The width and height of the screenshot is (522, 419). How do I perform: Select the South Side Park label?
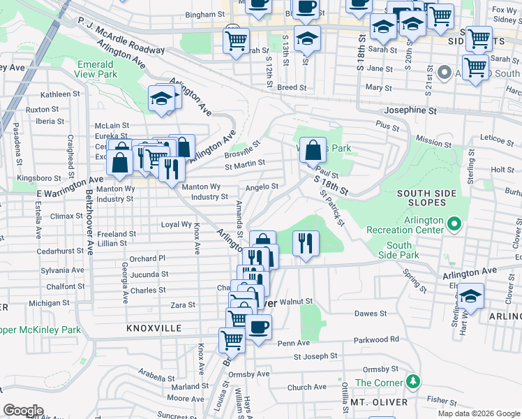[x=399, y=250]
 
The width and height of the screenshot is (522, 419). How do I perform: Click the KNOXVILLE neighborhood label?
[x=154, y=328]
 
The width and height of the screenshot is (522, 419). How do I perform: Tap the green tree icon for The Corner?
[x=415, y=381]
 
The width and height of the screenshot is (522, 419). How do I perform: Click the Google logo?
[x=23, y=411]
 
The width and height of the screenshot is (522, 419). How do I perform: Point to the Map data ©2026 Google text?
[x=478, y=413]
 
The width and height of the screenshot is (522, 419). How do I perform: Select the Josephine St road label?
[x=410, y=110]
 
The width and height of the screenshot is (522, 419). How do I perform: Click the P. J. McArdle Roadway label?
[x=121, y=36]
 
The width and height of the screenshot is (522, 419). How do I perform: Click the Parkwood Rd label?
[x=375, y=339]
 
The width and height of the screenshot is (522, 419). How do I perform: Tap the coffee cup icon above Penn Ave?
[x=258, y=326]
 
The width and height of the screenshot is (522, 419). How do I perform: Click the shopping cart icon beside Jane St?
[x=475, y=67]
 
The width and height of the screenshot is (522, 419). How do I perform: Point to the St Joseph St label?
[x=315, y=357]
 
